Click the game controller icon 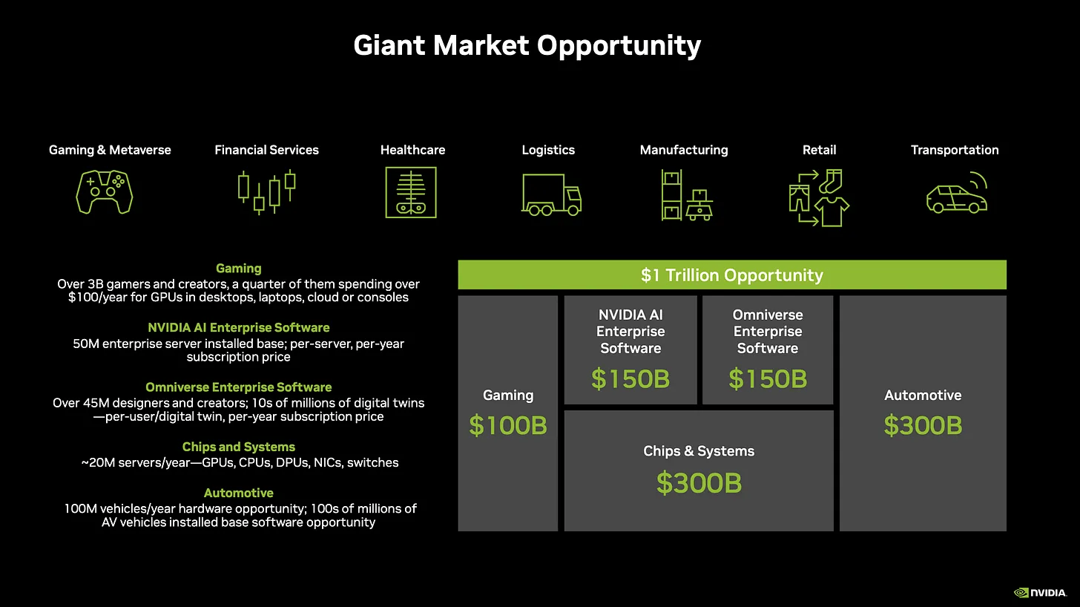[105, 192]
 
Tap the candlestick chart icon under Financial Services [266, 192]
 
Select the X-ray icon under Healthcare [411, 192]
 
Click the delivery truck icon [551, 194]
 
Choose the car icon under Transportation [957, 194]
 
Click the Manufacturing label [684, 150]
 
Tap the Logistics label [548, 150]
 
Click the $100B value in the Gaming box [508, 426]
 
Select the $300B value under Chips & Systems [699, 483]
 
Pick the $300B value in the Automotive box [923, 426]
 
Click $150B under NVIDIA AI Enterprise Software [630, 379]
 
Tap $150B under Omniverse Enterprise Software [768, 379]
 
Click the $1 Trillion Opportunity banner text [732, 275]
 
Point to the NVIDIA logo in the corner [1040, 592]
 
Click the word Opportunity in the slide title [619, 45]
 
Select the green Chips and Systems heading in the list [239, 447]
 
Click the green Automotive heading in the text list [239, 493]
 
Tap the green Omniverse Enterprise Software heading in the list [239, 387]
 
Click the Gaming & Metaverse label [110, 150]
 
